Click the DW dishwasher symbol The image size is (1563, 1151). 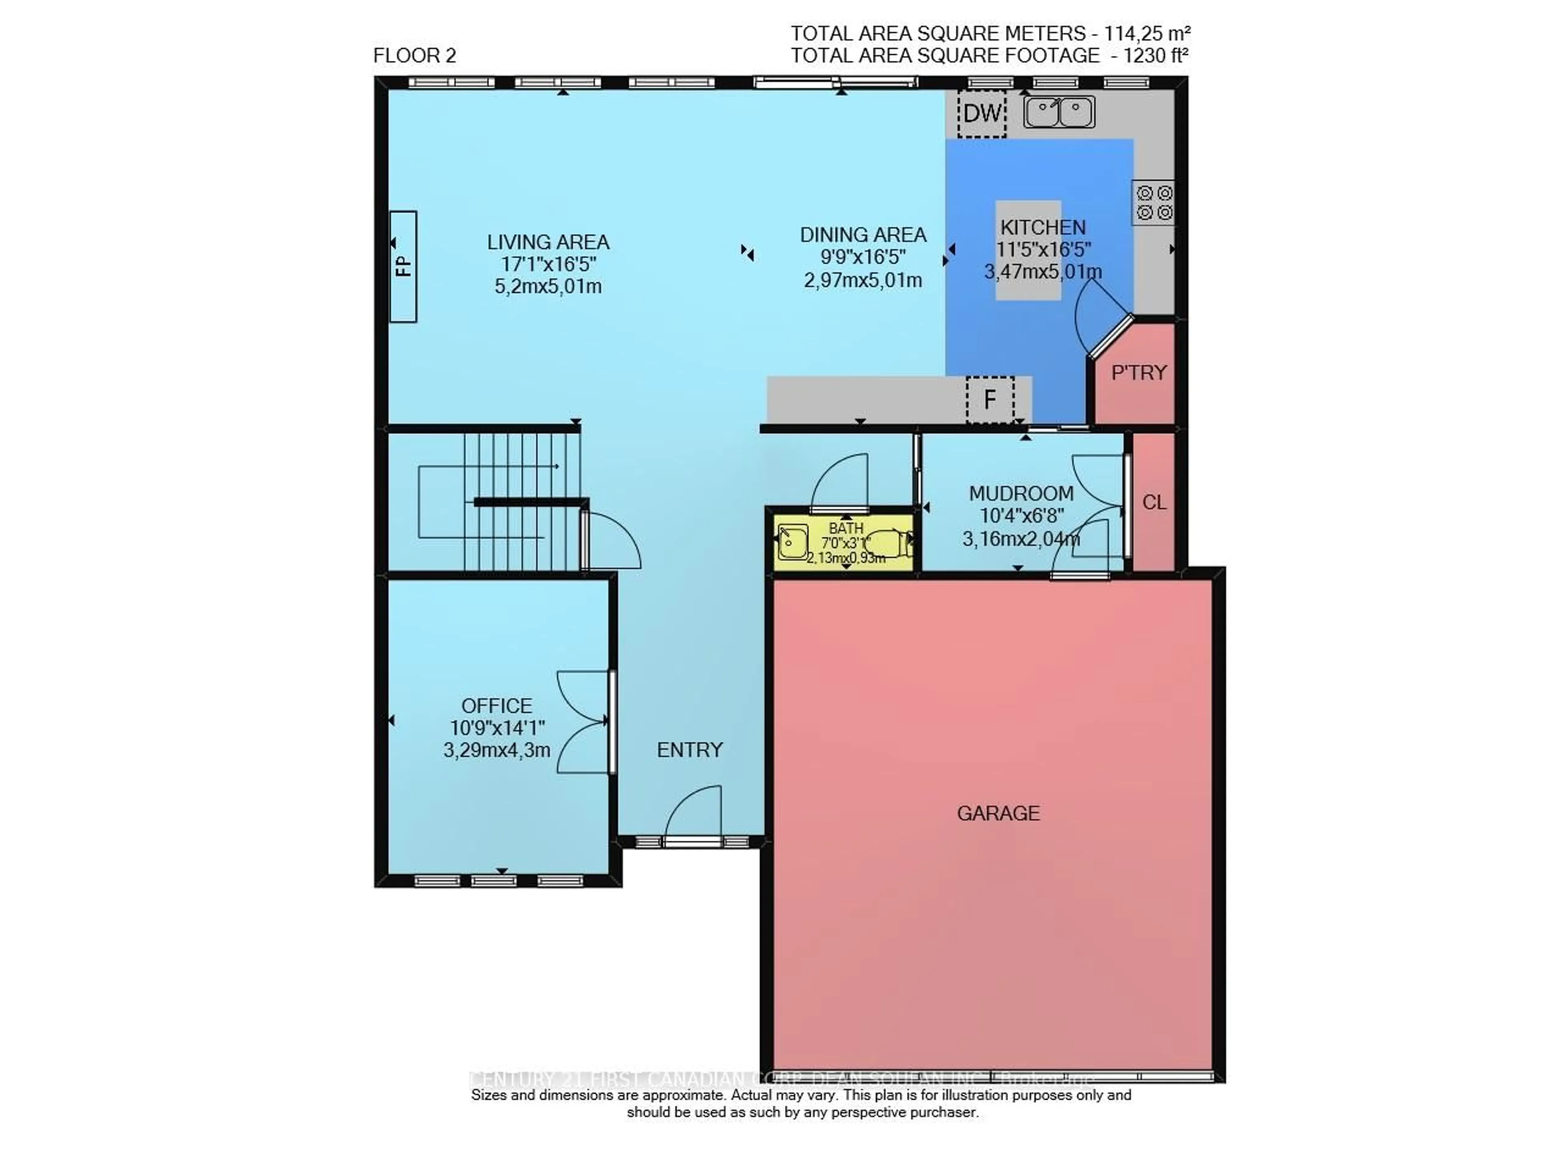click(981, 113)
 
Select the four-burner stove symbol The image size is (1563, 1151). click(1153, 203)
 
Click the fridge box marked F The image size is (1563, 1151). click(989, 399)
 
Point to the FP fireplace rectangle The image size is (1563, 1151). click(403, 266)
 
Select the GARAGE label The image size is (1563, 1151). click(998, 813)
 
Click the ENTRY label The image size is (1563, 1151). click(689, 750)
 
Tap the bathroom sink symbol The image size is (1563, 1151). click(792, 542)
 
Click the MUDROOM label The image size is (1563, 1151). click(1021, 493)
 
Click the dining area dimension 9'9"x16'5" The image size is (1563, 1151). click(862, 257)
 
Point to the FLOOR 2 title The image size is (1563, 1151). click(415, 56)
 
